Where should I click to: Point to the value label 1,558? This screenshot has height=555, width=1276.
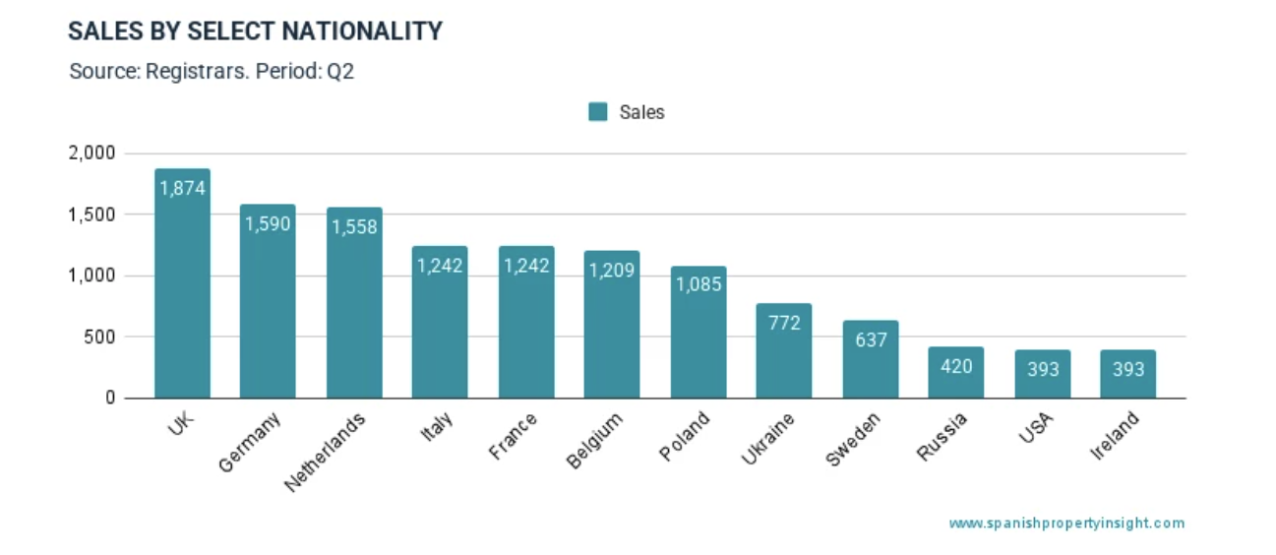tap(354, 226)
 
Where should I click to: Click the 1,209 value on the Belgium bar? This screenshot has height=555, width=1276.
tap(612, 269)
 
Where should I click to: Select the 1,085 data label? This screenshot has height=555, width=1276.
tap(699, 285)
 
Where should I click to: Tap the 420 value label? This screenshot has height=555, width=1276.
tap(956, 366)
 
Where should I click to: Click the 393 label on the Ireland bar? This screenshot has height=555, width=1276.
tap(1128, 369)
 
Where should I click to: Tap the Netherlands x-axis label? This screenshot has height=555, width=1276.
tap(326, 452)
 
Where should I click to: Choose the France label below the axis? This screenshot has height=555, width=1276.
tap(514, 436)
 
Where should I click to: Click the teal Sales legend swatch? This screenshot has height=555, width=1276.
tap(598, 112)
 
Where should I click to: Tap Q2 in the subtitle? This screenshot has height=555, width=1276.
tap(340, 72)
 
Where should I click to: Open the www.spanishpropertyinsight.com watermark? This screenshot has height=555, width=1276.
tap(1066, 524)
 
